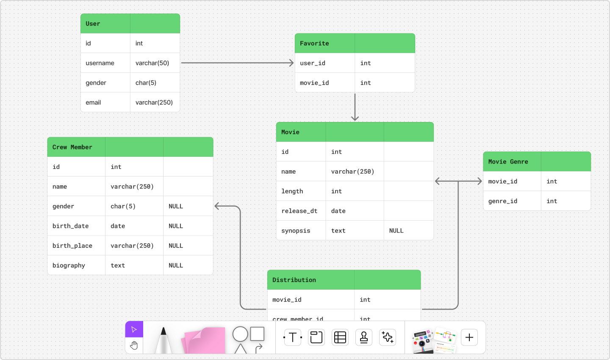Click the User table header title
[x=93, y=24]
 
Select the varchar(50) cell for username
[x=152, y=63]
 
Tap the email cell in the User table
[x=93, y=102]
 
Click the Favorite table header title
[x=314, y=43]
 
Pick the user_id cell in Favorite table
[x=313, y=63]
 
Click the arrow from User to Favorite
[x=237, y=63]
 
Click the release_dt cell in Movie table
[x=299, y=211]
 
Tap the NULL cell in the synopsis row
[x=396, y=231]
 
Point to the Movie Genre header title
[x=508, y=162]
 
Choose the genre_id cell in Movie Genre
[x=502, y=201]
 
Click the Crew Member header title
[x=72, y=147]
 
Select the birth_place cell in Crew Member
[x=72, y=246]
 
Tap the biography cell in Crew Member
[x=69, y=266]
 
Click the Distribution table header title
[x=294, y=280]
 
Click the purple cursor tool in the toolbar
[x=134, y=330]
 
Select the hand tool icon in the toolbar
[x=134, y=346]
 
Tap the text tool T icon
[x=293, y=338]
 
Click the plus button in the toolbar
[x=469, y=338]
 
